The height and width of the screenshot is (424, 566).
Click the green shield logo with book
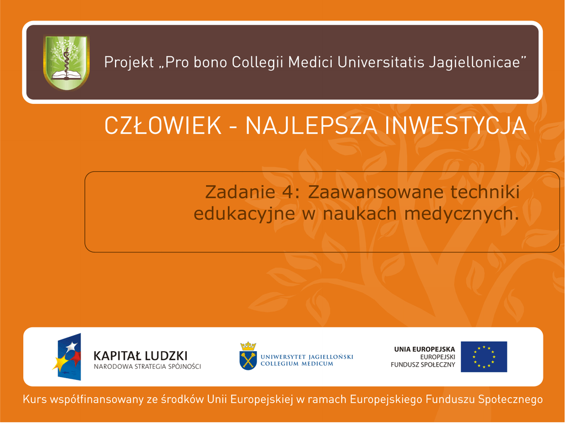click(66, 62)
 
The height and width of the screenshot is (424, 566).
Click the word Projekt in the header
click(129, 62)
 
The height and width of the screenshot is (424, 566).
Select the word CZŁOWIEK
click(163, 126)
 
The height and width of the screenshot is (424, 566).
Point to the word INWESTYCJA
click(455, 126)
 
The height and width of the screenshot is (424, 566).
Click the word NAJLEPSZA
click(311, 126)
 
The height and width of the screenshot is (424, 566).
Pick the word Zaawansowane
click(375, 192)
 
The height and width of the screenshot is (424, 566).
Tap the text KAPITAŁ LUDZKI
click(140, 356)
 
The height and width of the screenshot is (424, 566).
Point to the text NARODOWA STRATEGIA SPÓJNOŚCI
click(147, 367)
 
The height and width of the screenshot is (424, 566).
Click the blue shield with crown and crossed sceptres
click(248, 356)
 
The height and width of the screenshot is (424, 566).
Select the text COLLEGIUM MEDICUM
click(297, 364)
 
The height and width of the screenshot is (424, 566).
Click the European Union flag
click(484, 357)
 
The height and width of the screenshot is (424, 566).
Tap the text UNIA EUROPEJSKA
click(424, 349)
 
